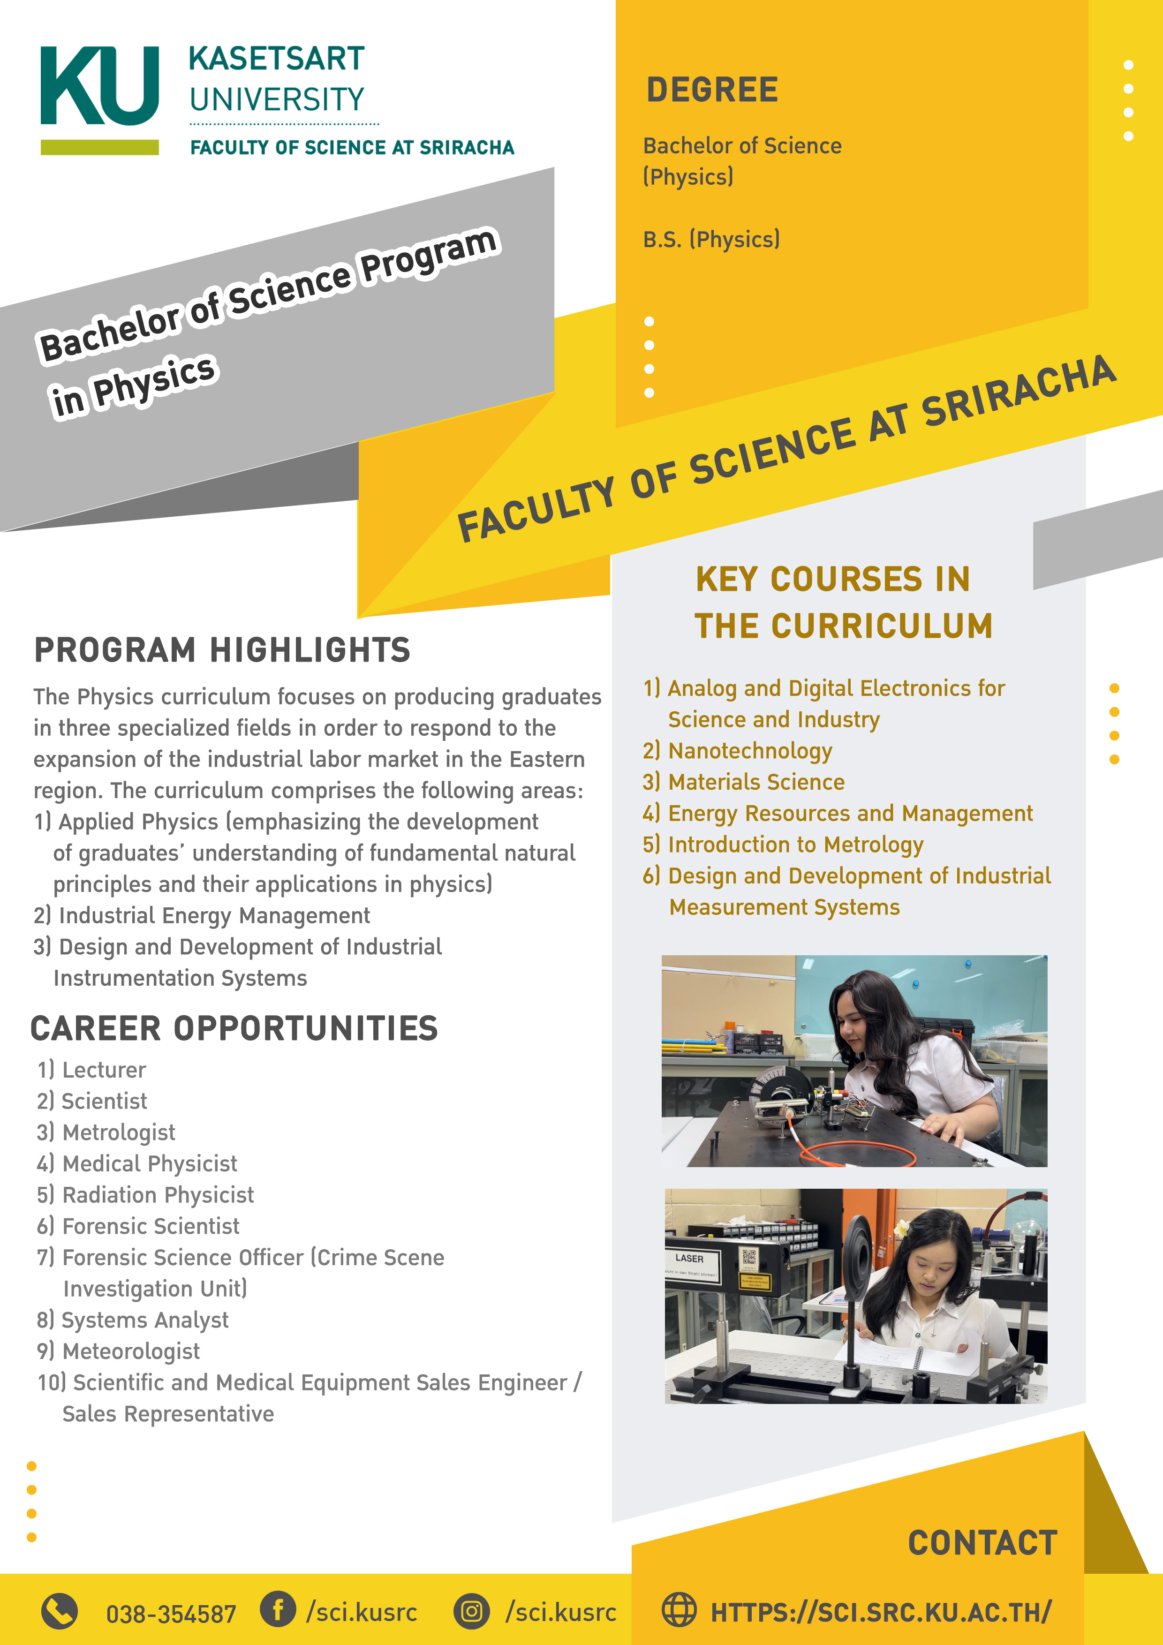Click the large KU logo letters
point(99,86)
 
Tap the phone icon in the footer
point(60,1611)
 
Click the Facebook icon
point(278,1609)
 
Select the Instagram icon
point(471,1611)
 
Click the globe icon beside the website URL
point(678,1609)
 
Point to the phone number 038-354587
point(171,1614)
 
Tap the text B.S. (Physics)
point(711,239)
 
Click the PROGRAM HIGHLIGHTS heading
point(222,650)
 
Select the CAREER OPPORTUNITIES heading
point(234,1028)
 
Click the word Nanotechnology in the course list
point(749,751)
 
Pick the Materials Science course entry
point(756,782)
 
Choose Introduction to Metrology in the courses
point(795,845)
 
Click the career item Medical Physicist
point(149,1163)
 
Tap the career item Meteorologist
point(130,1351)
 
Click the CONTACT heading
point(982,1543)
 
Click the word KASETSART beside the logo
point(277,59)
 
